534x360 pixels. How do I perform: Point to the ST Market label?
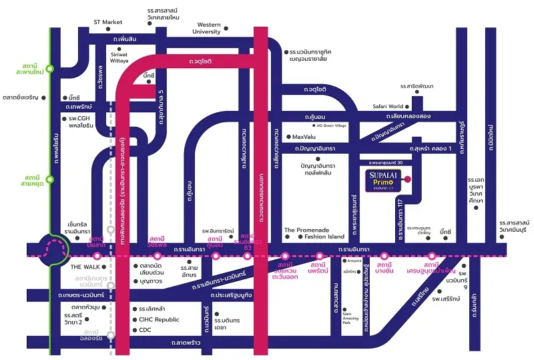(x=108, y=22)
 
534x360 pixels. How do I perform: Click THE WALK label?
(x=85, y=266)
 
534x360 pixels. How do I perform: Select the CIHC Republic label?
(x=159, y=319)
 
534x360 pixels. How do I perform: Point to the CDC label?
(x=146, y=329)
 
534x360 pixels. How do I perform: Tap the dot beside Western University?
(x=226, y=29)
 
